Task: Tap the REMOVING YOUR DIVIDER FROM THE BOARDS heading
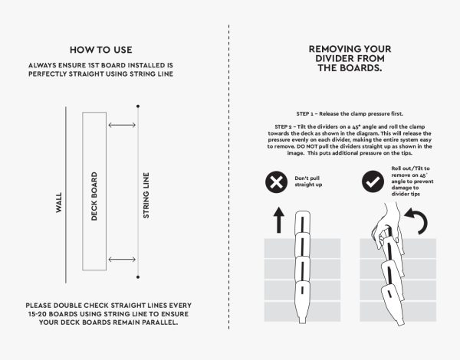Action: tap(345, 57)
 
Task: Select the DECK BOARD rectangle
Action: tap(94, 191)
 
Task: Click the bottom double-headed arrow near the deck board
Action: tap(122, 260)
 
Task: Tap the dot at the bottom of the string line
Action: tap(137, 277)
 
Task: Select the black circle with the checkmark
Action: tap(373, 182)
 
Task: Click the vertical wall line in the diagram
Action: tap(66, 191)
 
